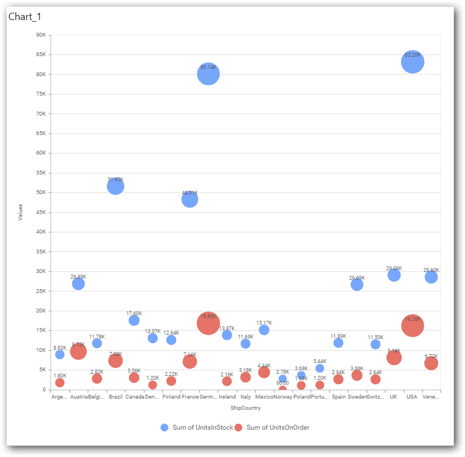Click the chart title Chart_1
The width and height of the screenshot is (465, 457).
pos(24,17)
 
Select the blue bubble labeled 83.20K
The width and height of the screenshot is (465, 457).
pos(412,62)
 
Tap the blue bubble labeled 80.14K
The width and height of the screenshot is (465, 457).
pos(208,74)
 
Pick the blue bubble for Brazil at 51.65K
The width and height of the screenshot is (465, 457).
pos(115,186)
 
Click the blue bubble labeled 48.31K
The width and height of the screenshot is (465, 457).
pos(189,199)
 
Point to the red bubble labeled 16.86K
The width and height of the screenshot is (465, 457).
pos(208,323)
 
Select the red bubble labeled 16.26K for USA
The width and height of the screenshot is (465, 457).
pos(412,326)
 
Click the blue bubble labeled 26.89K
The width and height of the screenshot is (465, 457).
pos(78,284)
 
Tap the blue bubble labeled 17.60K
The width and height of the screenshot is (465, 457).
pos(134,320)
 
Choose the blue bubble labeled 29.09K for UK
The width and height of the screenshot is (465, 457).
pos(394,275)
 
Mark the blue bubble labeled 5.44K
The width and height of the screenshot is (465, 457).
pos(319,368)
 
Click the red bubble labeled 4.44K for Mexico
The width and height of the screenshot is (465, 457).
pos(264,372)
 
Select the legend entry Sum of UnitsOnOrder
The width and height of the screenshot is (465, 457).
pos(272,428)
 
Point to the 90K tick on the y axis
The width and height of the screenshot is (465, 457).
pos(41,35)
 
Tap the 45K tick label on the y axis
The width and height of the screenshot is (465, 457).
pos(41,212)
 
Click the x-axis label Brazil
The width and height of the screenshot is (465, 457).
pos(116,397)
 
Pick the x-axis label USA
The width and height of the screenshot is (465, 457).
pos(412,397)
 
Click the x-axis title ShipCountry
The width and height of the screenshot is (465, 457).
pos(245,408)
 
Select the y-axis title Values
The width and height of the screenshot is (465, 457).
pos(21,212)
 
